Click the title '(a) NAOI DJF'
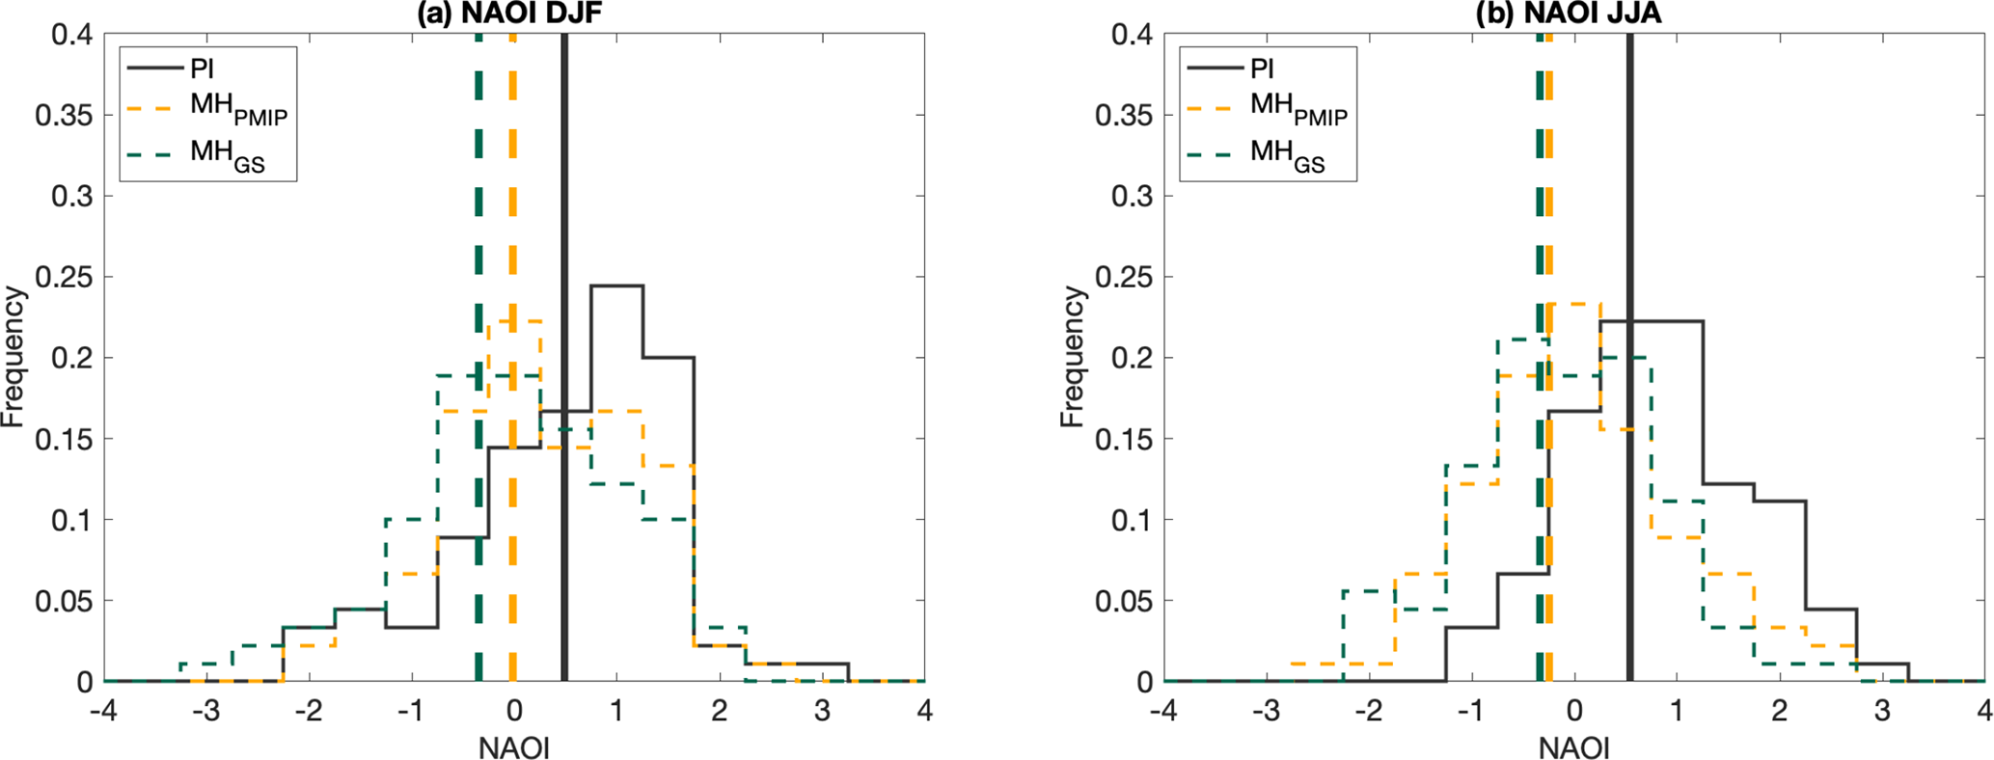pyautogui.click(x=513, y=14)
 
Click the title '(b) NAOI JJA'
pyautogui.click(x=1573, y=14)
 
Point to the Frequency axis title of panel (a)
pyautogui.click(x=14, y=358)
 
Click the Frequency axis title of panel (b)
pyautogui.click(x=1073, y=358)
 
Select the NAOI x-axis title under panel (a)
pyautogui.click(x=513, y=747)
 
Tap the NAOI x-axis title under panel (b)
pyautogui.click(x=1573, y=747)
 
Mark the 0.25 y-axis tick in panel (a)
pyautogui.click(x=64, y=278)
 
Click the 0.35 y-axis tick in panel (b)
pyautogui.click(x=1124, y=116)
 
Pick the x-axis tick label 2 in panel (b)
pyautogui.click(x=1780, y=713)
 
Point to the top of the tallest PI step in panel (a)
pyautogui.click(x=616, y=285)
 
